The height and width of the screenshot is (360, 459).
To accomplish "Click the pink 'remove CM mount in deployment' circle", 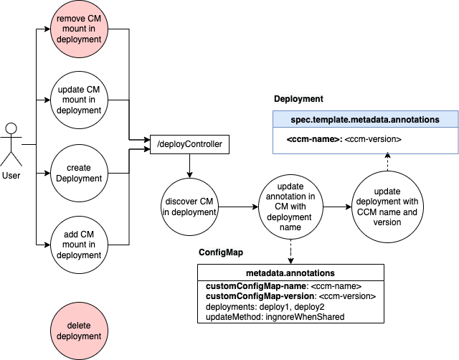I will click(x=79, y=29).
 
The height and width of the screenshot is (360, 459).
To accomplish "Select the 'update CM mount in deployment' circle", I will click(x=79, y=100).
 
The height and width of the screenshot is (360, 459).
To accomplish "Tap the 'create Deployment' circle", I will click(x=79, y=173).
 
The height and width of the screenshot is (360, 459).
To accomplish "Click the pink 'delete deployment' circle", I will click(x=79, y=331).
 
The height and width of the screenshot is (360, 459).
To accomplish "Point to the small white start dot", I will click(x=11, y=128).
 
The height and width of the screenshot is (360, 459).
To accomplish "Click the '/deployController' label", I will click(x=189, y=145).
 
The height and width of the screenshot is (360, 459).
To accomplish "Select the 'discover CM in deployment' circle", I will click(x=189, y=207).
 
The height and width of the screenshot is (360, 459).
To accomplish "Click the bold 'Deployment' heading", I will click(x=298, y=99).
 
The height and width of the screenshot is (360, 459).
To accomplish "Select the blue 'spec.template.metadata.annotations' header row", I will click(x=365, y=120).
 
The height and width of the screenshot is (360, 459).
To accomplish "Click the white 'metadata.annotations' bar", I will click(x=290, y=273).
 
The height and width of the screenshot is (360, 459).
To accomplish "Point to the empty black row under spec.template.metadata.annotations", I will click(x=365, y=141).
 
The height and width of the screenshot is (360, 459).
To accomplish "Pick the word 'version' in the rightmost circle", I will click(x=387, y=222).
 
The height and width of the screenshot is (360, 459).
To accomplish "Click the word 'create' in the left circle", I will click(x=79, y=168).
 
